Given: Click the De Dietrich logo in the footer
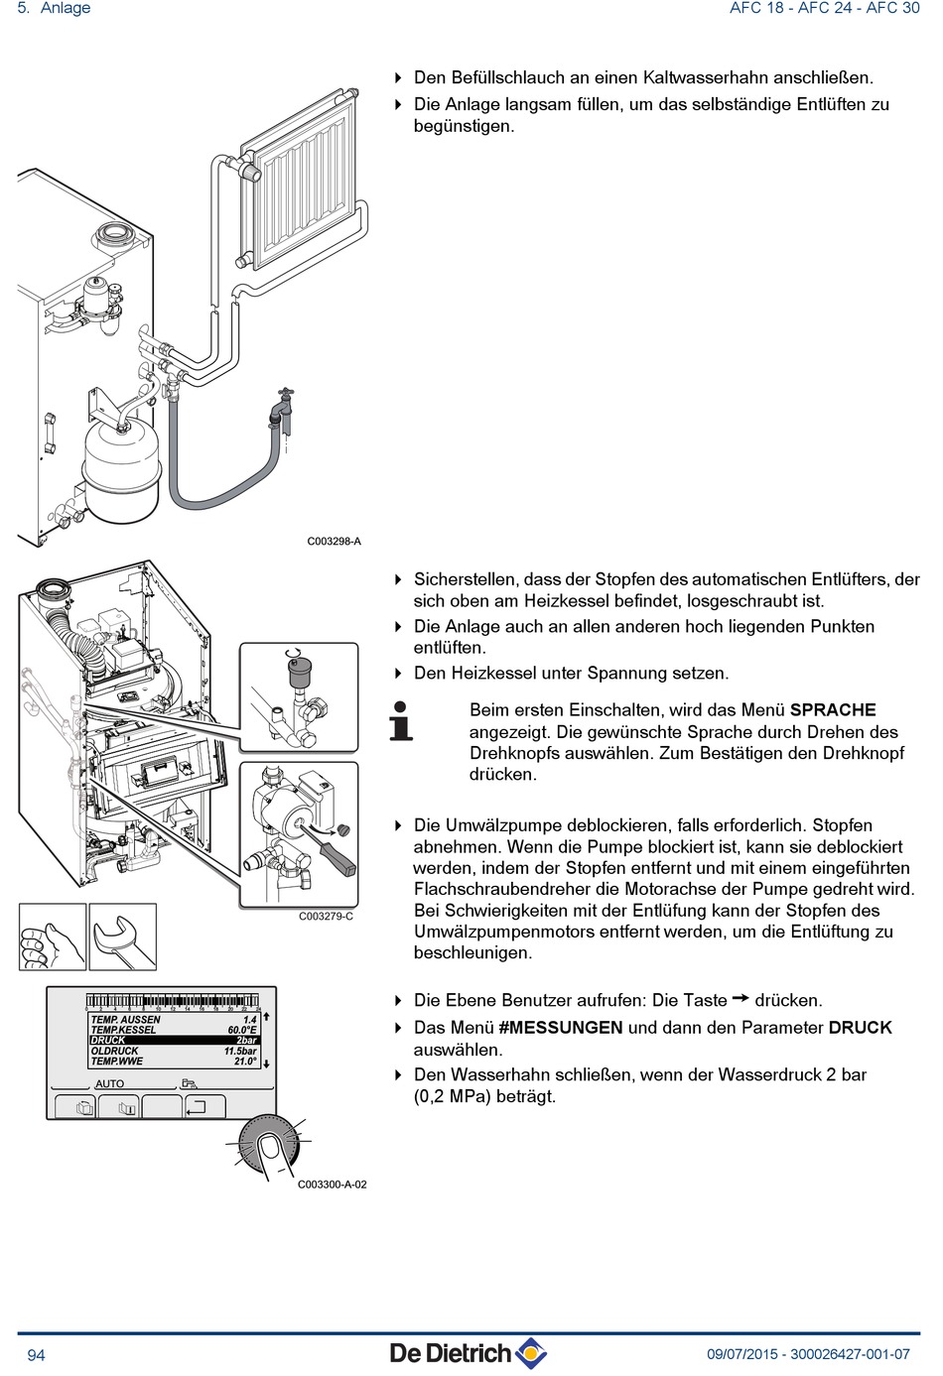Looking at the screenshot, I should tap(468, 1353).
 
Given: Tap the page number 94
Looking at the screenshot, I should tap(36, 1355).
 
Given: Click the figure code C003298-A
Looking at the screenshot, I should tap(334, 542).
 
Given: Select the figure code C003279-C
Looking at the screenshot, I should tap(326, 917).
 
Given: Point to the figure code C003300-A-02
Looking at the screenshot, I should tap(333, 1185).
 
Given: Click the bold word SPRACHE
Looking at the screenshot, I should tap(833, 710).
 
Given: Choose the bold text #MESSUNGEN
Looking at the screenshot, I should tap(561, 1028).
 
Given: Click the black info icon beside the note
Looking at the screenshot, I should tap(400, 721).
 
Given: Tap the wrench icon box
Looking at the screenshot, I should tap(123, 937).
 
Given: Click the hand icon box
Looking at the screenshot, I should tap(52, 937).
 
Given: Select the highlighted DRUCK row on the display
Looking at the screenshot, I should tap(175, 1041).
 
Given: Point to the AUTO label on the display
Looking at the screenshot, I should tap(109, 1083).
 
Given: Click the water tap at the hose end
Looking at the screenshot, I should tap(286, 407).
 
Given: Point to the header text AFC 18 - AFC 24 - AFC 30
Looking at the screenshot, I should tap(824, 9).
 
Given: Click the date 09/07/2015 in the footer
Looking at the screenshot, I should tap(742, 1354).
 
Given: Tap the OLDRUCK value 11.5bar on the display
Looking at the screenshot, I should tap(240, 1052).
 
